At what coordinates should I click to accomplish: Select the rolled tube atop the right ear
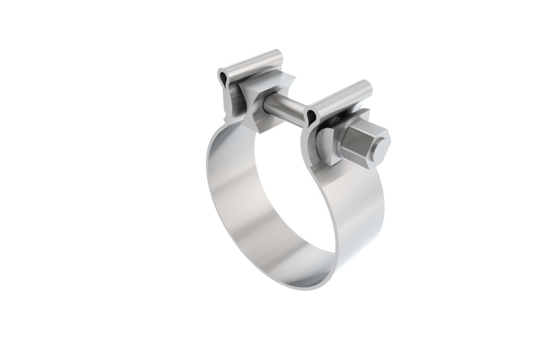(337, 100)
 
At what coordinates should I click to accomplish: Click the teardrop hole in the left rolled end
(224, 78)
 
